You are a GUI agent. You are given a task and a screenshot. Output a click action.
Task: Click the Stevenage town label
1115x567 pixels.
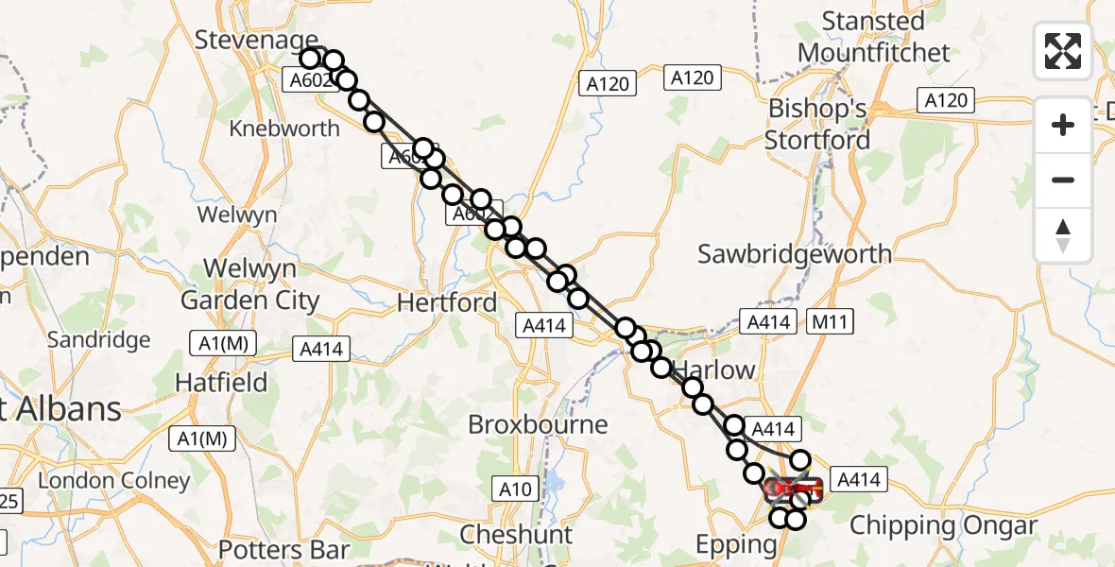point(255,40)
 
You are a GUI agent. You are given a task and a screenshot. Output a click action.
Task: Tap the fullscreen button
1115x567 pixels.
point(1063,51)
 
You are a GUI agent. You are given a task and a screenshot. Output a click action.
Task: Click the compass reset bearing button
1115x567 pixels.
point(1063,235)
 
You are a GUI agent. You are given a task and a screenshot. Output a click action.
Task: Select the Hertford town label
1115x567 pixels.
point(447,302)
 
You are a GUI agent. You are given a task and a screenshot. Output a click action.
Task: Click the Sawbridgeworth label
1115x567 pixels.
point(795,253)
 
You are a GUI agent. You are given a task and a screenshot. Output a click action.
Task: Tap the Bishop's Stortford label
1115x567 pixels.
point(817,124)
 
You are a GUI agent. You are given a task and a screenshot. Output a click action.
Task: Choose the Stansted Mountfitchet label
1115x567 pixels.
point(873,36)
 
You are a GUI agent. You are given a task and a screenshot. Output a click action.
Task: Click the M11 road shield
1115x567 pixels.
point(832,322)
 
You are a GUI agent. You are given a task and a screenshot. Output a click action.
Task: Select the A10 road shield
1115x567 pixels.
point(516,488)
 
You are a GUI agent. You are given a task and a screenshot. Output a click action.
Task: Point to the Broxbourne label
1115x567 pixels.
point(538,424)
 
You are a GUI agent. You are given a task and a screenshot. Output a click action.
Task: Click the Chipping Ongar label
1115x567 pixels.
point(944,525)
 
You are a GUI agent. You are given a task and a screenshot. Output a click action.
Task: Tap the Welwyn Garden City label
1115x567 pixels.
point(249,284)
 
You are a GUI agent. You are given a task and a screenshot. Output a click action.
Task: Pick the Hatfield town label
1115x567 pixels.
point(221,383)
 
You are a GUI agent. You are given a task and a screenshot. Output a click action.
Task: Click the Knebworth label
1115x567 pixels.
point(284,129)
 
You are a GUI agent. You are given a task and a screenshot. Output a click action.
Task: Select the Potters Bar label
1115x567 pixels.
point(283,549)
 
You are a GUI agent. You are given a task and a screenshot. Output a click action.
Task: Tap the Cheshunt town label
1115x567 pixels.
point(516,535)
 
